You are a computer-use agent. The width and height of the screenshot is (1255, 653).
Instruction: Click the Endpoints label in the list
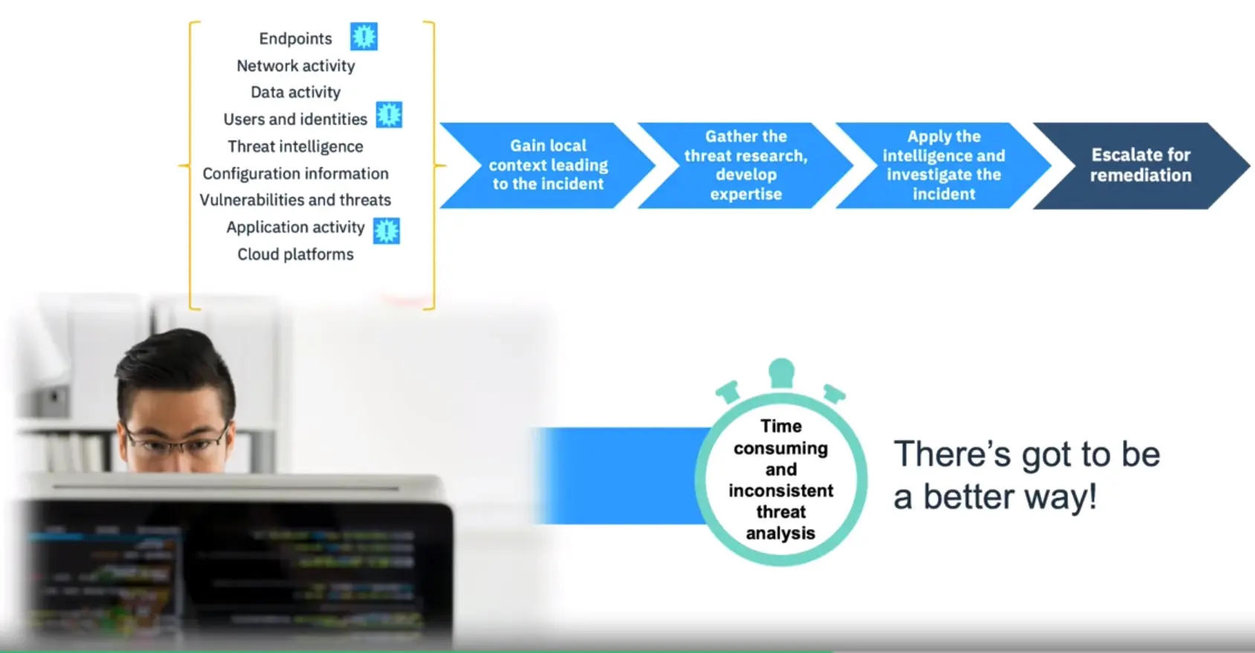click(295, 39)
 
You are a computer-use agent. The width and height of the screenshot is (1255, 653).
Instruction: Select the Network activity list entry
click(296, 66)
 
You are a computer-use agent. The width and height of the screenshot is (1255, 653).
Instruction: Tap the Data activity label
click(295, 92)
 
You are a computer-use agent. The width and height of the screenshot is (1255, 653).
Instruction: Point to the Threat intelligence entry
click(295, 146)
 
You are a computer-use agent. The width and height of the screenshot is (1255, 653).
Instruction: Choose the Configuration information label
click(295, 174)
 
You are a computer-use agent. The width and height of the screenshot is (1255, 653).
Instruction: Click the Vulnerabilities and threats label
click(295, 200)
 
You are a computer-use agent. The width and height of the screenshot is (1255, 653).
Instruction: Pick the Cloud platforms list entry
click(295, 254)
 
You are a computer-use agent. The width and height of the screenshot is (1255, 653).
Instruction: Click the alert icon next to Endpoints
click(364, 36)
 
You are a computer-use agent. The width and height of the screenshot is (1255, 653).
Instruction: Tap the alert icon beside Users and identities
click(389, 115)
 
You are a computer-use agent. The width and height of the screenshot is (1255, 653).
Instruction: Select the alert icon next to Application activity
click(387, 231)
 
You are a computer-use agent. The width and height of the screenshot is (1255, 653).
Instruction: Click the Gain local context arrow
click(546, 165)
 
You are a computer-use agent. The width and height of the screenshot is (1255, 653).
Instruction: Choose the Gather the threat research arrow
click(745, 165)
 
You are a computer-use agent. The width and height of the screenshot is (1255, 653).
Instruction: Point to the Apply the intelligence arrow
click(943, 165)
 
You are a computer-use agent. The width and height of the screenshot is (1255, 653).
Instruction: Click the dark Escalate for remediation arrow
click(1141, 165)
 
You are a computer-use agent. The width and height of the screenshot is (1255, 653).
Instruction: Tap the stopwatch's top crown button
click(781, 373)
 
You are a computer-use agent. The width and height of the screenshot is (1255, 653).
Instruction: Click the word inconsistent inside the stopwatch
click(781, 490)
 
